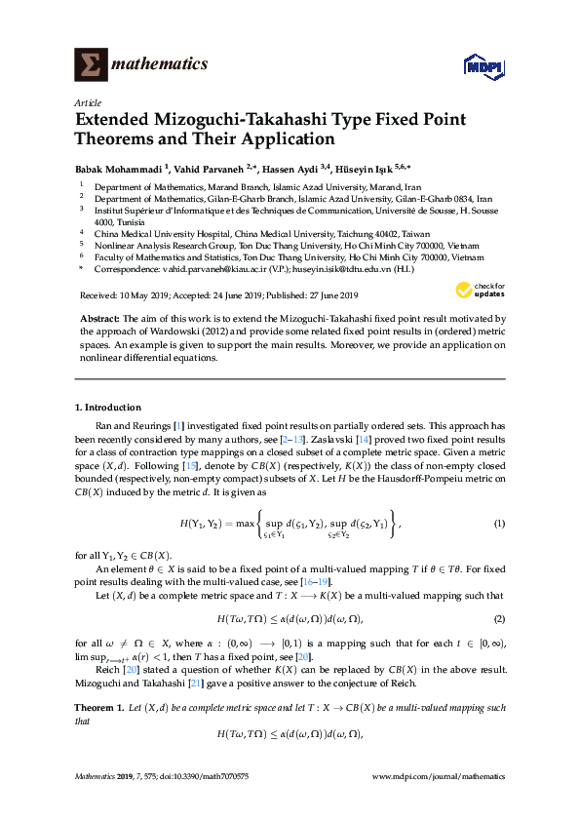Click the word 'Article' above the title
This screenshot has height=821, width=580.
point(88,101)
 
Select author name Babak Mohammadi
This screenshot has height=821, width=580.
point(118,167)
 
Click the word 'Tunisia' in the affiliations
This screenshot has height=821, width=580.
point(109,220)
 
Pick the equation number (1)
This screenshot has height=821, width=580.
point(499,525)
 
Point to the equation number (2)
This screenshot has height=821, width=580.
point(499,619)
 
